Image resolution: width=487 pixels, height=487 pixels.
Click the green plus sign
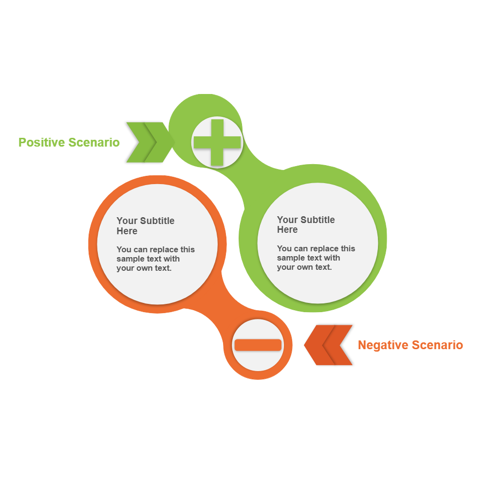tap(217, 142)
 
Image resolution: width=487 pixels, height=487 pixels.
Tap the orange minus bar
tap(258, 345)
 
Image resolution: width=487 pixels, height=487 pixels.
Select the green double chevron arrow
tap(149, 142)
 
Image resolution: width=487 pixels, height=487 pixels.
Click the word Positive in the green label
tap(41, 142)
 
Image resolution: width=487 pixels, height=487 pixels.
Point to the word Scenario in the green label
tap(94, 142)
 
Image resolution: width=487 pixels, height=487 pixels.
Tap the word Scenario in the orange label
tap(437, 345)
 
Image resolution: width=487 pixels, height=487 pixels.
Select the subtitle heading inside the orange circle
tap(145, 225)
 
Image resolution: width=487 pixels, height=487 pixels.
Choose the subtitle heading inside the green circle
tap(306, 225)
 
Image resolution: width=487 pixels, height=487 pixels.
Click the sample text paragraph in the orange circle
tap(155, 259)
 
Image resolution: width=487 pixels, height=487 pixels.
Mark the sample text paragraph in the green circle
tap(316, 258)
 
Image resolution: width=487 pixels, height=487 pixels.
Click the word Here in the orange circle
tap(127, 231)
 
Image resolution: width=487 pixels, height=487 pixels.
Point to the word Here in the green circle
tap(287, 230)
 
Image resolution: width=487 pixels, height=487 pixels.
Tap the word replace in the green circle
tap(324, 249)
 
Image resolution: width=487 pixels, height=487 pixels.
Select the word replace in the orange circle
tap(164, 250)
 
